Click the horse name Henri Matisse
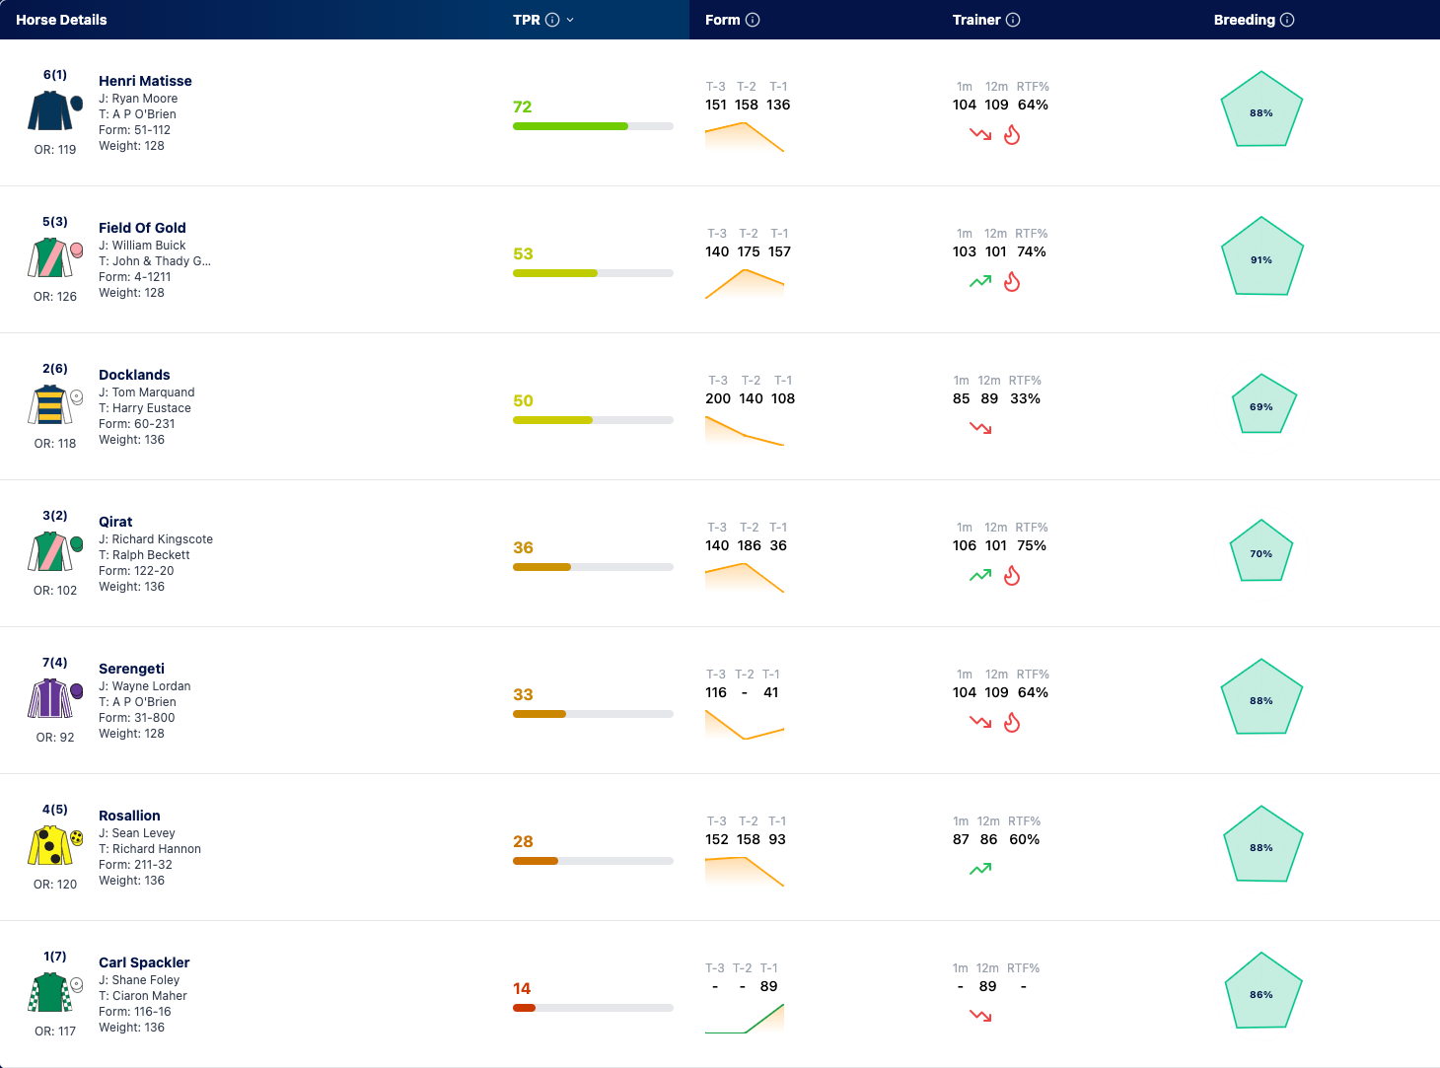pyautogui.click(x=145, y=81)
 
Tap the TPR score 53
pyautogui.click(x=523, y=253)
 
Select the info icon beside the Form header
pyautogui.click(x=753, y=20)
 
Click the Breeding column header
pyautogui.click(x=1245, y=20)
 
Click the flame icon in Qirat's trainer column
pyautogui.click(x=1012, y=575)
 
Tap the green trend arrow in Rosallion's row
pyautogui.click(x=980, y=869)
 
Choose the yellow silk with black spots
pyautogui.click(x=52, y=845)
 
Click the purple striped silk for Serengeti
pyautogui.click(x=52, y=698)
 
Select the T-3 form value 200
pyautogui.click(x=717, y=398)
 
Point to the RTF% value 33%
pyautogui.click(x=1025, y=398)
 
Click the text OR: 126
pyautogui.click(x=55, y=296)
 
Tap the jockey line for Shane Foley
pyautogui.click(x=139, y=979)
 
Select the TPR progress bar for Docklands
pyautogui.click(x=593, y=420)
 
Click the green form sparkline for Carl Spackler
pyautogui.click(x=745, y=1019)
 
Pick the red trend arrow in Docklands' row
pyautogui.click(x=980, y=428)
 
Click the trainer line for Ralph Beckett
pyautogui.click(x=144, y=554)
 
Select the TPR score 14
pyautogui.click(x=522, y=988)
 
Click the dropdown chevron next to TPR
pyautogui.click(x=570, y=20)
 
